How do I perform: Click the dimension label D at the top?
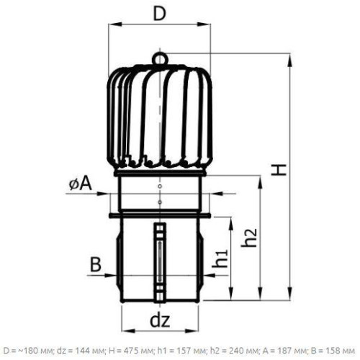160,14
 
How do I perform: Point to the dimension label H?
279,170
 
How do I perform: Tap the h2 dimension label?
249,238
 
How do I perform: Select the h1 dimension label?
220,258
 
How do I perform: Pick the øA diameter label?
81,184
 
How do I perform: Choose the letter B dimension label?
96,264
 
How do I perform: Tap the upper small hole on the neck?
160,186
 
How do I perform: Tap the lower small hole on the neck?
160,202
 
